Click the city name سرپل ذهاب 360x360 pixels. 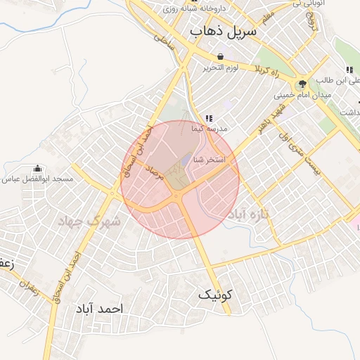(x=224, y=32)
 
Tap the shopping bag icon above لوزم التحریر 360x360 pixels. (x=221, y=56)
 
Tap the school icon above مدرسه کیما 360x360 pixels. (x=208, y=117)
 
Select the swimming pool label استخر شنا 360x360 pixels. (x=209, y=160)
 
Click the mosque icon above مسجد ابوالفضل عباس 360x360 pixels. (x=37, y=168)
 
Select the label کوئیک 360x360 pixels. (x=214, y=295)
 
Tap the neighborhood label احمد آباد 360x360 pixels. (x=101, y=309)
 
